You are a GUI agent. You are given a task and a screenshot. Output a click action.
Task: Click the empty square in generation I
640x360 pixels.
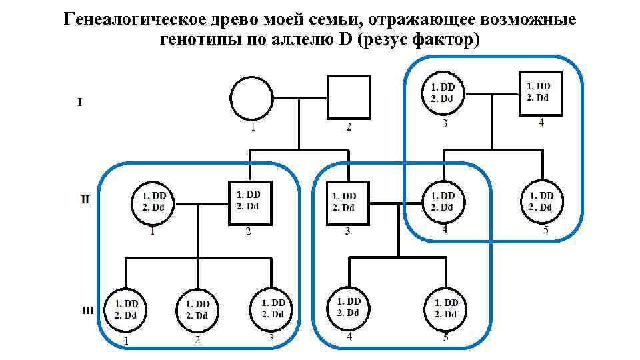point(348,97)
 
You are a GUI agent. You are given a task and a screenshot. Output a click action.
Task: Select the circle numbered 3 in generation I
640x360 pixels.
point(443,93)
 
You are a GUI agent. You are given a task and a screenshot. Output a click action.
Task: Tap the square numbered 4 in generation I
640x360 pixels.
point(540,93)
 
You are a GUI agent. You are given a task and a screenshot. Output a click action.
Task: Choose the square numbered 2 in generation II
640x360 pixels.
point(249,201)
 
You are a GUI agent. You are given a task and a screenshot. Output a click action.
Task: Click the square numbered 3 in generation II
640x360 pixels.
point(347,202)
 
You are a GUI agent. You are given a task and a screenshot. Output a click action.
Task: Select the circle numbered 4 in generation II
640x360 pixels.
point(443,201)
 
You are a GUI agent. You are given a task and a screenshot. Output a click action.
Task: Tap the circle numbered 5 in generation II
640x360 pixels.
point(541,201)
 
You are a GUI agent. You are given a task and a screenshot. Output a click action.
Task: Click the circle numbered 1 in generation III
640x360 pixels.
point(126,309)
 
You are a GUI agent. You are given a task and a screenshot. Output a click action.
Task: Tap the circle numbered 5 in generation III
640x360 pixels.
point(445,308)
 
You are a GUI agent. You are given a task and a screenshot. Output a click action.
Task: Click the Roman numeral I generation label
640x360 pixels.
point(80,102)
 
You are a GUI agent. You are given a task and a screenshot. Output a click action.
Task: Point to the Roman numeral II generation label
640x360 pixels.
point(85,199)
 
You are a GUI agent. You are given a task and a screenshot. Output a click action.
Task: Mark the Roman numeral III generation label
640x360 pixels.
point(87,310)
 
